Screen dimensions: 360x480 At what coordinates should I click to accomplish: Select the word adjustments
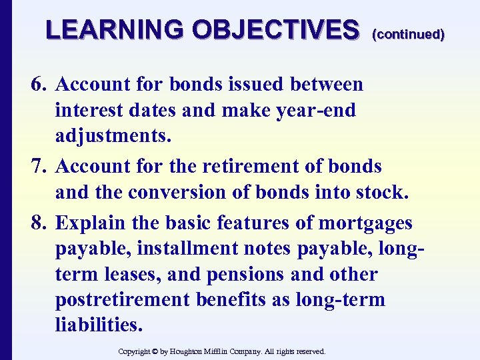[x=114, y=136]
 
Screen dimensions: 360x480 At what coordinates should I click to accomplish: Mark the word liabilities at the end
[x=99, y=325]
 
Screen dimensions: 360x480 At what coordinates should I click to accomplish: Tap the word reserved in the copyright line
[x=309, y=351]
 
